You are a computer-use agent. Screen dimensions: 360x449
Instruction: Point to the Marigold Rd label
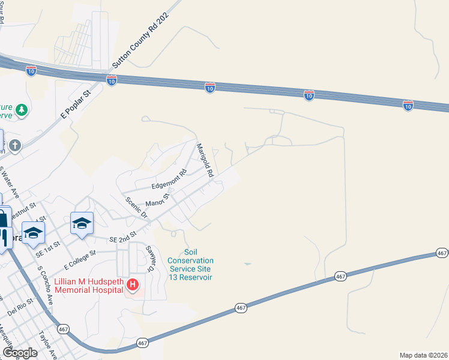pyautogui.click(x=205, y=160)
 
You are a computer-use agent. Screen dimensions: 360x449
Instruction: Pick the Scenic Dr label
pyautogui.click(x=136, y=206)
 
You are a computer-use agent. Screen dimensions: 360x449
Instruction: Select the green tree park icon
pyautogui.click(x=22, y=110)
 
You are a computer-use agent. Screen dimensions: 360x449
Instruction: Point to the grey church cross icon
pyautogui.click(x=15, y=145)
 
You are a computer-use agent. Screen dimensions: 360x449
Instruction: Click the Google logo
pyautogui.click(x=20, y=353)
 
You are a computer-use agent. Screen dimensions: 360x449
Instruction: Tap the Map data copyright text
pyautogui.click(x=423, y=355)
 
